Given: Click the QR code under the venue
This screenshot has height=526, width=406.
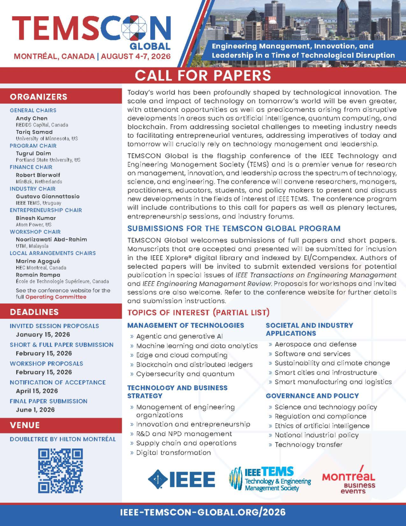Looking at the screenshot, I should [x=60, y=470].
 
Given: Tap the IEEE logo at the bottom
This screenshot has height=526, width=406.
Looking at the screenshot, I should [x=182, y=479].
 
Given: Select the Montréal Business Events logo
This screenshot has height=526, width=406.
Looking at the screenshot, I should [x=349, y=480].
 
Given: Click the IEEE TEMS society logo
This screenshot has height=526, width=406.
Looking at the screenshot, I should [x=270, y=479].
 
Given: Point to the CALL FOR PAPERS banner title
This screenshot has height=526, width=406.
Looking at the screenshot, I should [x=203, y=75].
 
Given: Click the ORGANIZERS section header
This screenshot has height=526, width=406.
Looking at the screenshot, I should [x=38, y=97].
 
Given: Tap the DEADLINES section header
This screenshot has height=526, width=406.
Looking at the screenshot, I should [x=34, y=312].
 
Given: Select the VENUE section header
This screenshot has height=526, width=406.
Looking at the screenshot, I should [x=25, y=425].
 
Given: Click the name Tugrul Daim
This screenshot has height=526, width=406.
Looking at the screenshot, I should [x=33, y=153].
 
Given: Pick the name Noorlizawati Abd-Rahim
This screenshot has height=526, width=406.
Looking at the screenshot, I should [x=51, y=239].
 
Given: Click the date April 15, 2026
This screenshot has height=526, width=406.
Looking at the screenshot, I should [x=37, y=391].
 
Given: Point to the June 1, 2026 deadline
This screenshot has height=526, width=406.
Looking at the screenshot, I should [x=35, y=410].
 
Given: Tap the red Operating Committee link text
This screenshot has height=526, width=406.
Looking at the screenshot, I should [x=56, y=297].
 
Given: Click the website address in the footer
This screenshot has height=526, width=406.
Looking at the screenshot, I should [x=203, y=512].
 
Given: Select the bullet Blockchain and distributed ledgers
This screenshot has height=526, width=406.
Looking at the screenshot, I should [x=194, y=364].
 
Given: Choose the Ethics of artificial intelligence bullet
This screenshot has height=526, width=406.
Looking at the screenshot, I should [x=322, y=426].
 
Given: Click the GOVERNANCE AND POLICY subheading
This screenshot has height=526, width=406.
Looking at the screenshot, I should [x=312, y=396].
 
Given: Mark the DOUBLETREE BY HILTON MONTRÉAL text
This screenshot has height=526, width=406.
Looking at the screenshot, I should [x=63, y=439].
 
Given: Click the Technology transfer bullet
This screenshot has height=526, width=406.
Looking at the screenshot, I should [x=308, y=445].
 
